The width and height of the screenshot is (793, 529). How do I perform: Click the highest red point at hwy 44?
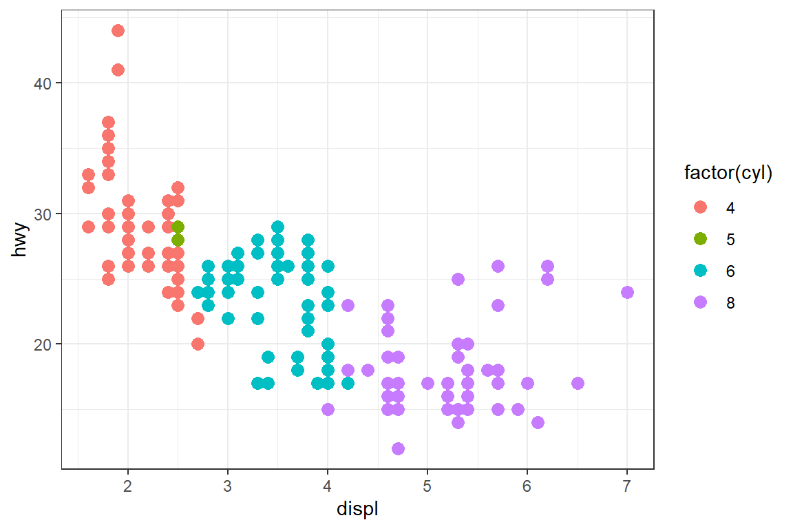pyautogui.click(x=118, y=30)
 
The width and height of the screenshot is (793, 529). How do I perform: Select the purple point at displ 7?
pyautogui.click(x=627, y=292)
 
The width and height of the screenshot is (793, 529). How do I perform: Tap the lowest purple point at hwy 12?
pyautogui.click(x=398, y=449)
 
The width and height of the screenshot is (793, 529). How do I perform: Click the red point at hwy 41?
pyautogui.click(x=118, y=70)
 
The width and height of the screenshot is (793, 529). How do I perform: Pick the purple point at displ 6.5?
pyautogui.click(x=578, y=384)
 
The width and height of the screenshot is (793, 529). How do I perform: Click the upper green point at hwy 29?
pyautogui.click(x=178, y=227)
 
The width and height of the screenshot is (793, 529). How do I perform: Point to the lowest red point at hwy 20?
pyautogui.click(x=198, y=344)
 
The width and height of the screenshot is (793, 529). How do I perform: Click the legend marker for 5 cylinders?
pyautogui.click(x=701, y=239)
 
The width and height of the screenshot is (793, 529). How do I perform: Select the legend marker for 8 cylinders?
pyautogui.click(x=701, y=302)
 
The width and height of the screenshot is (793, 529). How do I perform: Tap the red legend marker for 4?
pyautogui.click(x=701, y=207)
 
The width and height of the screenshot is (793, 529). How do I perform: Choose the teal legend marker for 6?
pyautogui.click(x=701, y=271)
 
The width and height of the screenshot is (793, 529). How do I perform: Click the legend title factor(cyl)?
pyautogui.click(x=728, y=174)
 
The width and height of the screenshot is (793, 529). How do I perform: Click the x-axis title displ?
pyautogui.click(x=357, y=510)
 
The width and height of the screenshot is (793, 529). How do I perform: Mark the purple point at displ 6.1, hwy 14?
pyautogui.click(x=538, y=422)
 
